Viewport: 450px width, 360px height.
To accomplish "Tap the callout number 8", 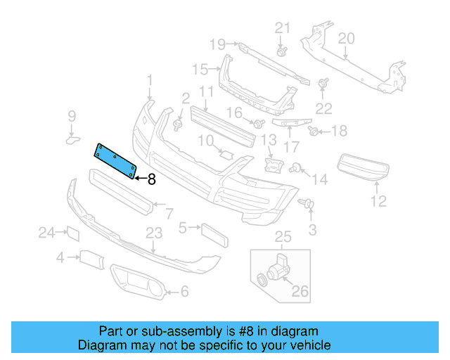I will click(x=150, y=179).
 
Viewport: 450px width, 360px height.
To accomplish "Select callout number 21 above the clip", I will click(x=282, y=28).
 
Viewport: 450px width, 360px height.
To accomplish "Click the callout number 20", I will click(x=346, y=38).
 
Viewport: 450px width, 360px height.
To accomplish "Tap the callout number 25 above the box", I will click(x=282, y=236).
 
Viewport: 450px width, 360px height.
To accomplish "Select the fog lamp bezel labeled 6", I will click(x=138, y=283).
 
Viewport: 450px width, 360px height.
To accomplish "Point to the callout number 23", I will click(x=154, y=233).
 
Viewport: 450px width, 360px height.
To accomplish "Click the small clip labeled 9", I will click(x=73, y=140).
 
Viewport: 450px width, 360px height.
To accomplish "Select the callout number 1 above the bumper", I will click(x=149, y=80).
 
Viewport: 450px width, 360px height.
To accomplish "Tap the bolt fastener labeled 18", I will click(x=315, y=130).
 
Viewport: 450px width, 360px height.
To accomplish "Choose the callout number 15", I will click(x=200, y=69).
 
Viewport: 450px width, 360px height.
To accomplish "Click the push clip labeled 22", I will click(x=324, y=84).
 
